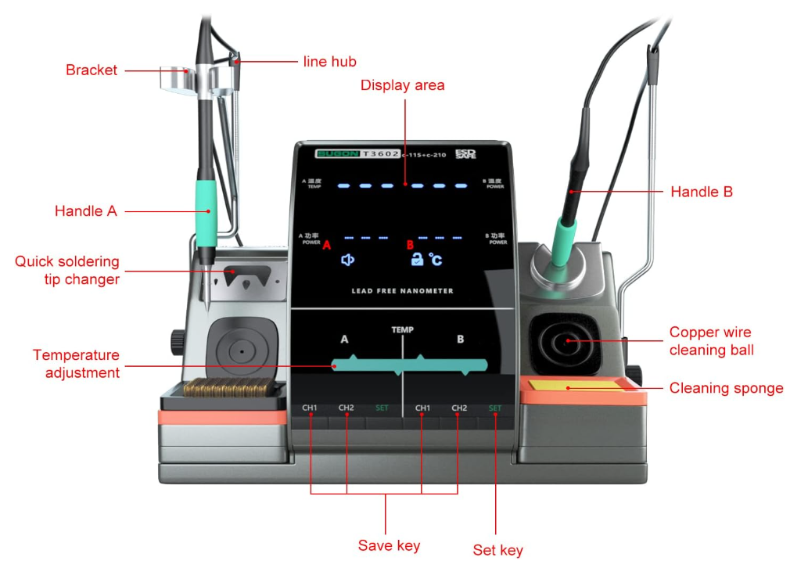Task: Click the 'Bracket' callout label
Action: pos(92,70)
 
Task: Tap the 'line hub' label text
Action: pos(329,61)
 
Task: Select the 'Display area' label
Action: pos(402,85)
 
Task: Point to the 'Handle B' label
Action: pos(702,191)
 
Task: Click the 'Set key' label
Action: pos(497,550)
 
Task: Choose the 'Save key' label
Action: pos(389,545)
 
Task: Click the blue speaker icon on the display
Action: pos(348,260)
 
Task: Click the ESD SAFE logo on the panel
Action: pos(465,154)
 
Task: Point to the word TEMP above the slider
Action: pos(402,330)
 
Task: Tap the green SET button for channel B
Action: pos(495,408)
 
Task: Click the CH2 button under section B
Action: pos(459,408)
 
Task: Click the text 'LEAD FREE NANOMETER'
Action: pos(402,291)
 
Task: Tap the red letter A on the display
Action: pos(327,245)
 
